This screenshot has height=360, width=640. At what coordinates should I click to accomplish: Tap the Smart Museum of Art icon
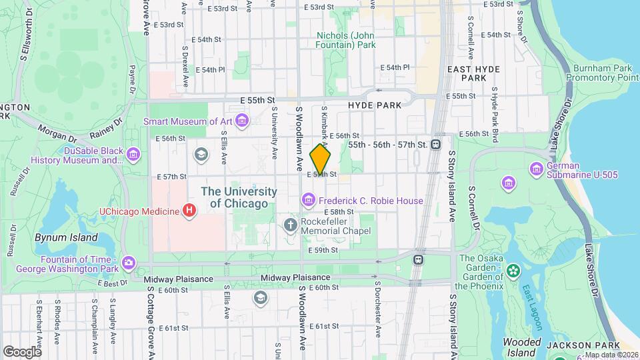(x=241, y=121)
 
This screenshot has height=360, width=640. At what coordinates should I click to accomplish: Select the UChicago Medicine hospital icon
(x=190, y=211)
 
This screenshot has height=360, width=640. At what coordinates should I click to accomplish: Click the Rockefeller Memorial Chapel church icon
(x=290, y=225)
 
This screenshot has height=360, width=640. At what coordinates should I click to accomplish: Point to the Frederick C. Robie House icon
(x=308, y=200)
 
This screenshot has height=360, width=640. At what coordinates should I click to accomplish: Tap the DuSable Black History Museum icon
(x=133, y=155)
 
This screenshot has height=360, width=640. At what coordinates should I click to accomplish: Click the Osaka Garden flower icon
(x=513, y=271)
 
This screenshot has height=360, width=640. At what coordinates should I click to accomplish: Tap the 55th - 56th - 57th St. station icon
(x=436, y=144)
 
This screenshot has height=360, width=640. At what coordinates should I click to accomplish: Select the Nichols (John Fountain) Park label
(x=346, y=40)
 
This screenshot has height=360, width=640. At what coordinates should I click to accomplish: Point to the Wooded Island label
(x=522, y=347)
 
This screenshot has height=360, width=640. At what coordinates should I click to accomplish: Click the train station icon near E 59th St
(x=419, y=259)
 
